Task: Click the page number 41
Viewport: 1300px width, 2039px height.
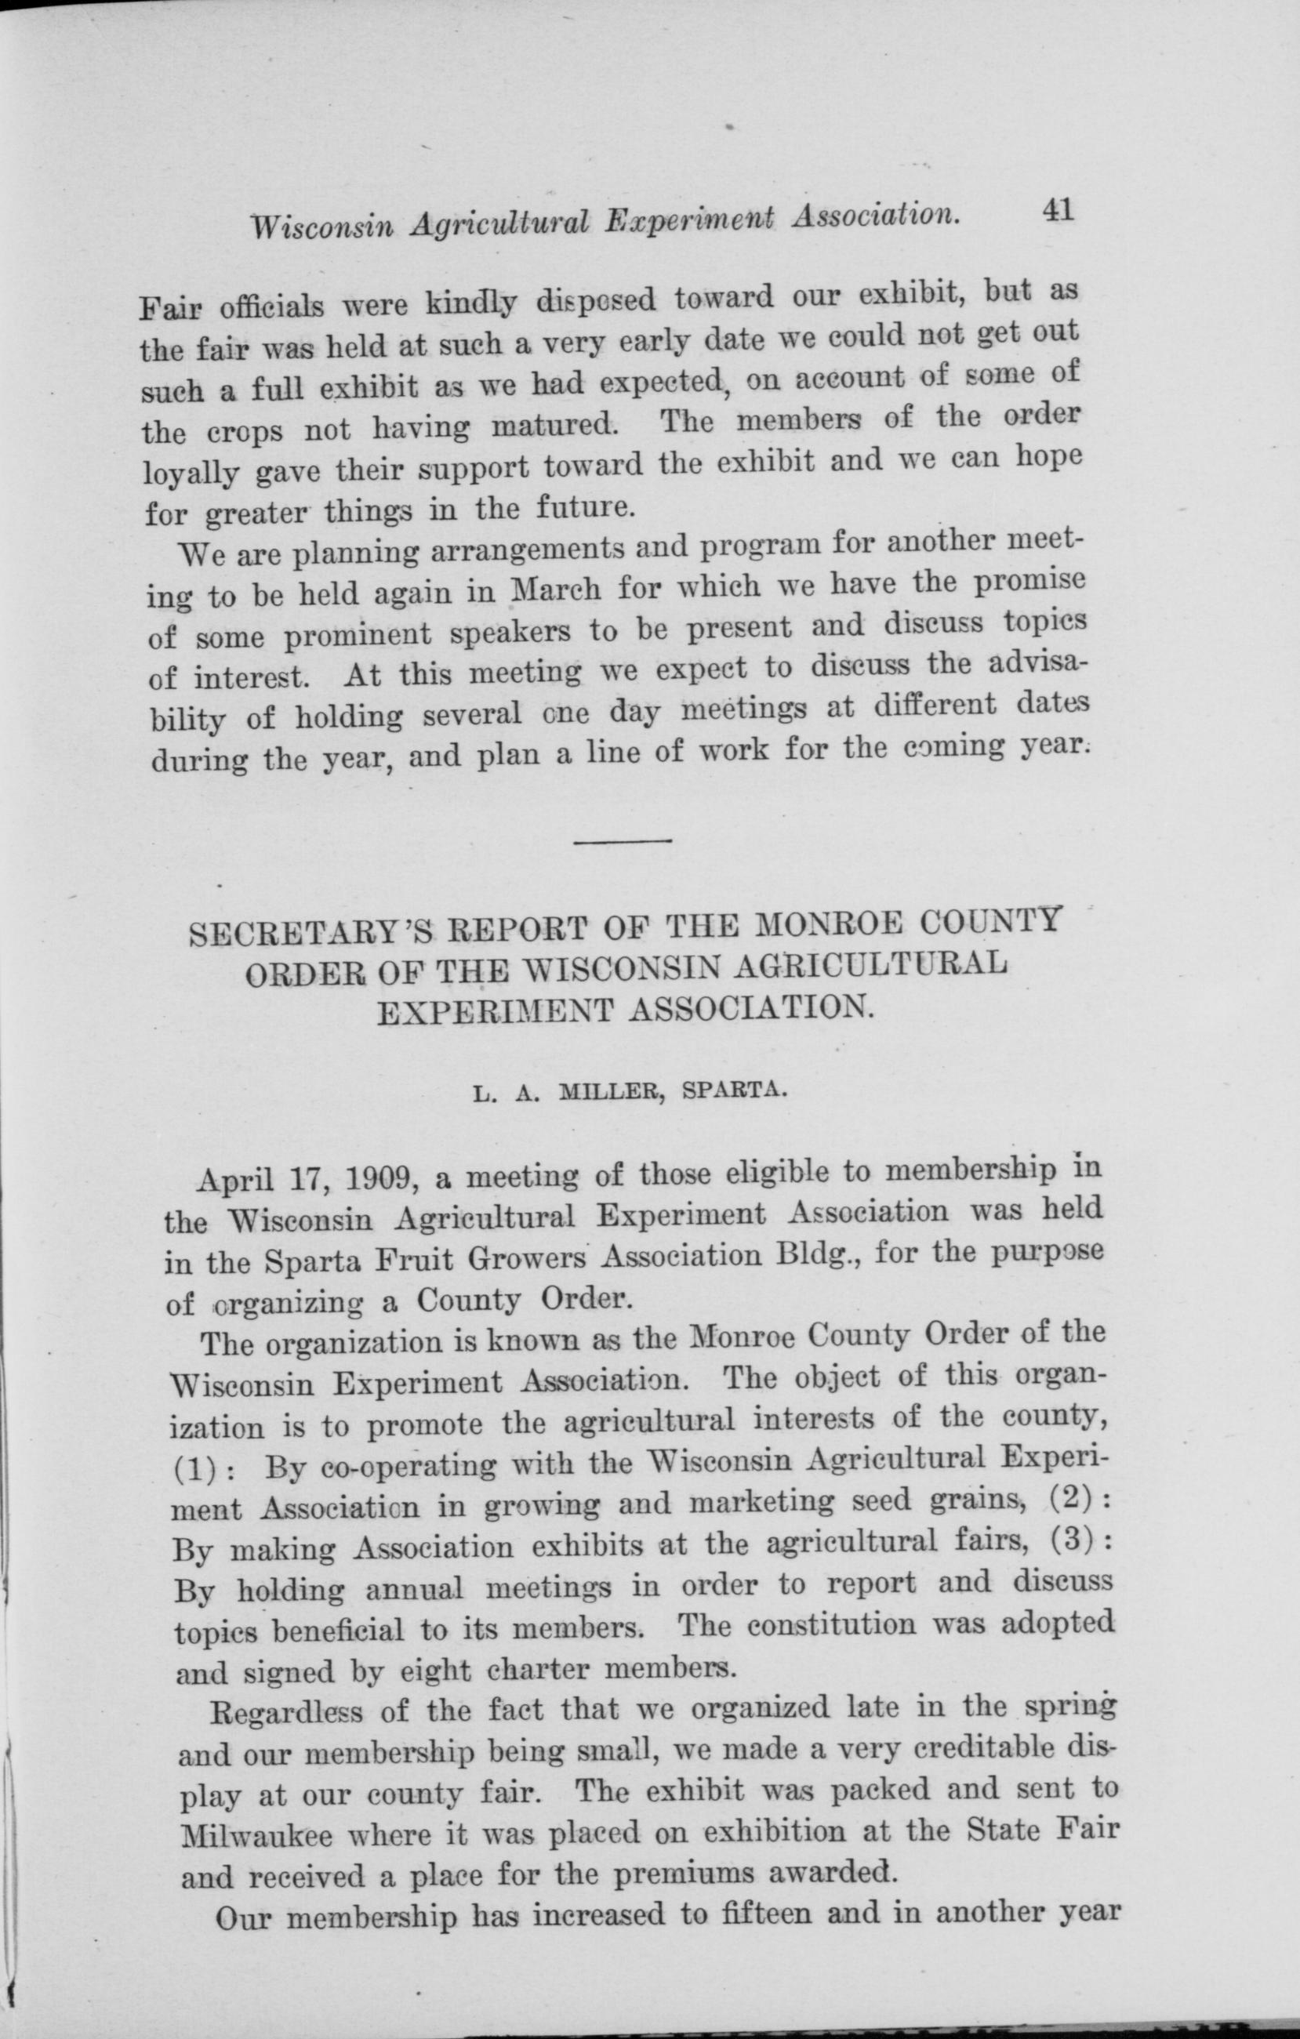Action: pos(1058,210)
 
